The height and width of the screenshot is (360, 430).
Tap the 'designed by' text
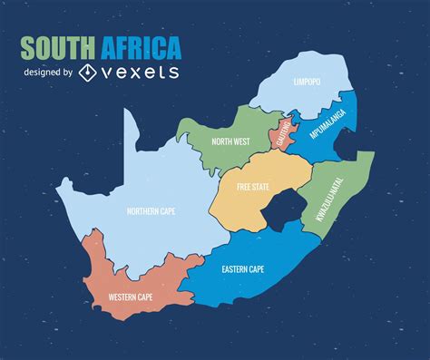47,73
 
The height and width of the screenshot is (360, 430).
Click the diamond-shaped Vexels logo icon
88,72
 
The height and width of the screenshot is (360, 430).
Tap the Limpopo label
307,82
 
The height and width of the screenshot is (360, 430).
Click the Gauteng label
280,134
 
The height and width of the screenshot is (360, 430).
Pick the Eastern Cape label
243,269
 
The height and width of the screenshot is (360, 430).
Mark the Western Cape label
130,297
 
